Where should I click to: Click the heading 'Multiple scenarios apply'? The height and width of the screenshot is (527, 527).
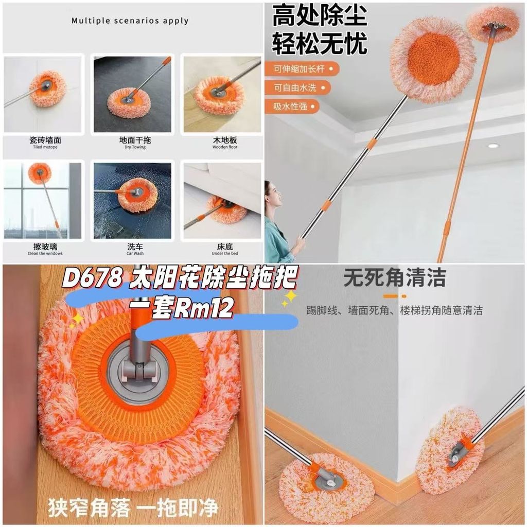tap(130, 21)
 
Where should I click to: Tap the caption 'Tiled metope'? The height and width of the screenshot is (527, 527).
tap(45, 147)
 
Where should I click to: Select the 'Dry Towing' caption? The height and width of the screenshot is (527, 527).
tap(135, 147)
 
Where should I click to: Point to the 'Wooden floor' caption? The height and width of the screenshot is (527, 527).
tap(225, 147)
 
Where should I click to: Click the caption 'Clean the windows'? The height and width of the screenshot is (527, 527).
tap(45, 253)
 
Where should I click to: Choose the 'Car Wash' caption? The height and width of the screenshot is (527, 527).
tap(135, 253)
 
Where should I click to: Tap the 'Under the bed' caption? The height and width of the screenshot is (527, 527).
tap(225, 253)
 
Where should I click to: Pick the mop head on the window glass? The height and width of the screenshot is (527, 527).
tap(40, 173)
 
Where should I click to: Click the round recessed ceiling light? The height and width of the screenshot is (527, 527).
tap(494, 146)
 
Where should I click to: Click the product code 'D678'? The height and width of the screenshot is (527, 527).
tap(92, 277)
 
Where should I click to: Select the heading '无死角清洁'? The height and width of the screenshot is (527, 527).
tap(395, 277)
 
